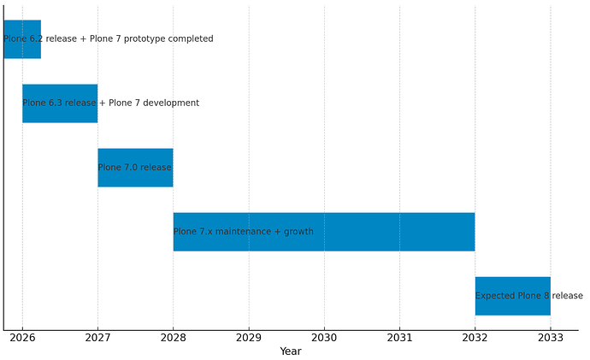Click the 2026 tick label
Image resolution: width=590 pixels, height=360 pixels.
(22, 336)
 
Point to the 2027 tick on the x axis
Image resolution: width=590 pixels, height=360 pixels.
(97, 336)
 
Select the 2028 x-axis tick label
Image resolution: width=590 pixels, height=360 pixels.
(173, 336)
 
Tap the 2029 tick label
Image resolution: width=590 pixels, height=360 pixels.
(249, 336)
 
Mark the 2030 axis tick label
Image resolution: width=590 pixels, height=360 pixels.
(324, 336)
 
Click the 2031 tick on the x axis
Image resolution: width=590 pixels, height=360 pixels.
(399, 336)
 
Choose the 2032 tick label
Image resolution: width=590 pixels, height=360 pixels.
(475, 336)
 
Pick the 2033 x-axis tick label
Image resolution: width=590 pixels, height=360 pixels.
(550, 336)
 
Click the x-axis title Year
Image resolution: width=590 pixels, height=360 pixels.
(291, 351)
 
